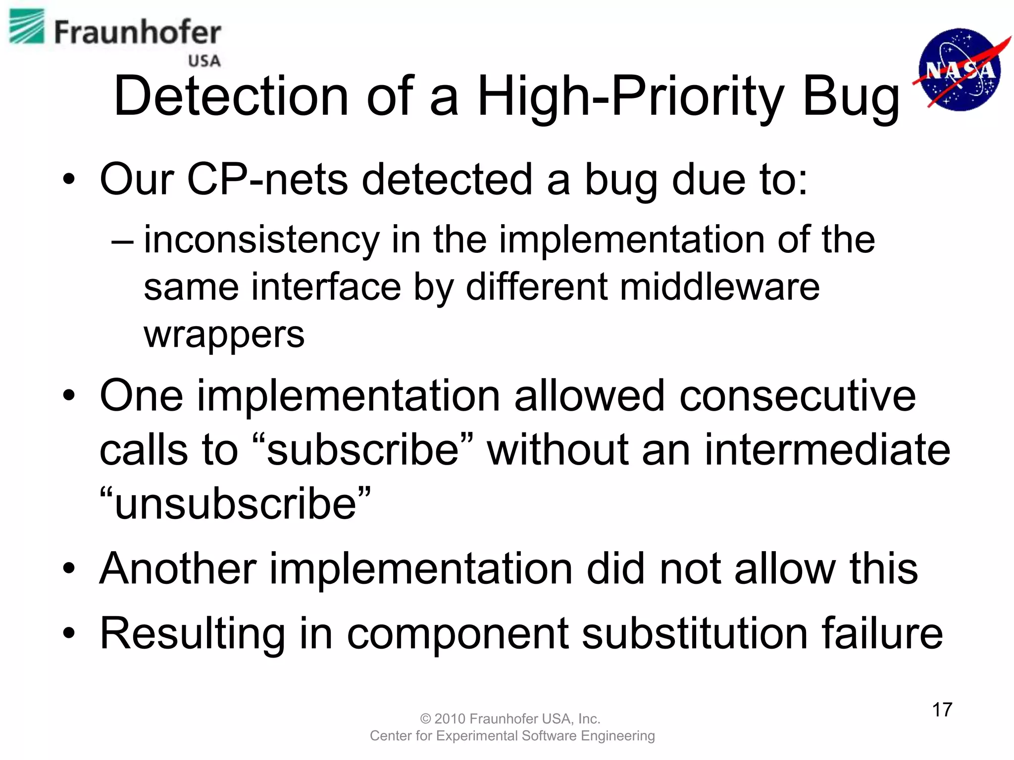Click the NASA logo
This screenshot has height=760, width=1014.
960,69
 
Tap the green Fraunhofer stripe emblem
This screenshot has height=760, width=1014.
27,27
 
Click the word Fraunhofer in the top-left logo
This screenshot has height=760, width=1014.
137,33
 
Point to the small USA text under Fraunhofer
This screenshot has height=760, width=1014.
204,61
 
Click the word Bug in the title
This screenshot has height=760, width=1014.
851,97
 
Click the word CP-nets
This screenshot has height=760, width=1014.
267,179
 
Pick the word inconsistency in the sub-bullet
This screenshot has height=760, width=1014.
261,240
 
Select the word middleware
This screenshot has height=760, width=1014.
719,287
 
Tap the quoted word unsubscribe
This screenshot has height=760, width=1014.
235,504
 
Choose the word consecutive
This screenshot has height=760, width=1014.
798,396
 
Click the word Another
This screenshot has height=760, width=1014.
178,569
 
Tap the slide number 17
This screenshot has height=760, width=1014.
942,710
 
